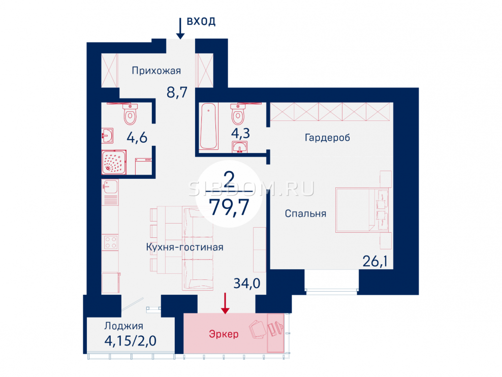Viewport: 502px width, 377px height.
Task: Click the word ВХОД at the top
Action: tap(201, 21)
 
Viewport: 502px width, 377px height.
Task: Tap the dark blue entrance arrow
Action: tap(180, 28)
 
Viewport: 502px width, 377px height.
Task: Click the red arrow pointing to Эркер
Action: tap(226, 303)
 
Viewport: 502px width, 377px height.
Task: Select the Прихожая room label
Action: tap(156, 71)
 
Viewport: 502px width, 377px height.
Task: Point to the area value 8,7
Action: tap(177, 92)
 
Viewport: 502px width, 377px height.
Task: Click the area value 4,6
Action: tap(137, 138)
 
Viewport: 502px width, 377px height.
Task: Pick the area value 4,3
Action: tap(240, 134)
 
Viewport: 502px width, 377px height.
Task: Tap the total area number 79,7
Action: tap(229, 207)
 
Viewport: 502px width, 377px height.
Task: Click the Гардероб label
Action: tap(327, 138)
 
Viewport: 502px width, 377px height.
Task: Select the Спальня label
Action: tap(305, 213)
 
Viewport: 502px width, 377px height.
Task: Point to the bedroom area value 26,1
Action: tap(374, 262)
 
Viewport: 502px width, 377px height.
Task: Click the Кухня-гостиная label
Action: tap(184, 247)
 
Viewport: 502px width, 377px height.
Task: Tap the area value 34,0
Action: tap(246, 283)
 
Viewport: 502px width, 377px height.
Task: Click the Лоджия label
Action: tap(123, 326)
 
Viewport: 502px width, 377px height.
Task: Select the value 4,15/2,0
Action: tap(130, 340)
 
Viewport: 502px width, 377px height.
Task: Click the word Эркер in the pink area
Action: tap(224, 334)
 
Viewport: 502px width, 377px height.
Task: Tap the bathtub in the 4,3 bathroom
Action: tap(208, 126)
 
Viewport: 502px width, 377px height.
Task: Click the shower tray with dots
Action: tap(114, 162)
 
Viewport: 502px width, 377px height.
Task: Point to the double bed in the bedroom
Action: tap(362, 210)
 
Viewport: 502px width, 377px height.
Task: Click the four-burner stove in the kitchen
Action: tap(110, 242)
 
